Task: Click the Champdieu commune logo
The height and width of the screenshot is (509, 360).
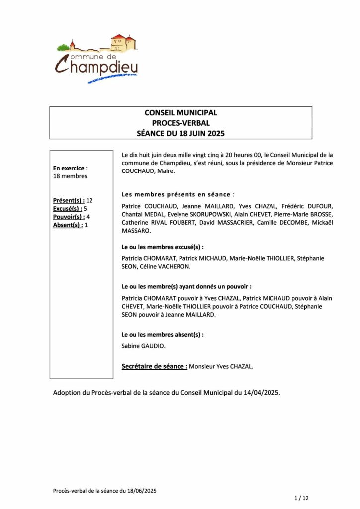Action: (x=96, y=59)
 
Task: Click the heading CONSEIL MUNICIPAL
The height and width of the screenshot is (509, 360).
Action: (x=180, y=113)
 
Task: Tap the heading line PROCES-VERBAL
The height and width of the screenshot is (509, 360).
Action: (x=180, y=123)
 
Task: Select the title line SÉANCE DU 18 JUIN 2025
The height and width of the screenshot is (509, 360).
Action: (x=180, y=133)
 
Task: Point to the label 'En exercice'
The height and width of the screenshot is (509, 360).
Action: (x=70, y=168)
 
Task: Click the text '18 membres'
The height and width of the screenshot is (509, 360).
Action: (x=70, y=176)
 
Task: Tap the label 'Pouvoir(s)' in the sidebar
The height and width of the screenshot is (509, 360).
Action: (x=68, y=217)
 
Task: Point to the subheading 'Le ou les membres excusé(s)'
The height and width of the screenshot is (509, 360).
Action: (x=163, y=246)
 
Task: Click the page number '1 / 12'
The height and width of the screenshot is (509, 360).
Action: (x=301, y=498)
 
